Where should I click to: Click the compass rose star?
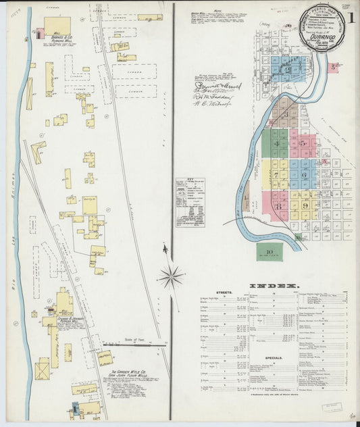coord(172,276)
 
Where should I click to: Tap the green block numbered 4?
coord(276,144)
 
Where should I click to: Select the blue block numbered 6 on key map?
coord(304,174)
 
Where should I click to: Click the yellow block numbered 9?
coord(305,205)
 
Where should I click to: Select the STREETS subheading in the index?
coord(224,293)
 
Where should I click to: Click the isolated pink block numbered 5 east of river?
coord(334,67)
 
